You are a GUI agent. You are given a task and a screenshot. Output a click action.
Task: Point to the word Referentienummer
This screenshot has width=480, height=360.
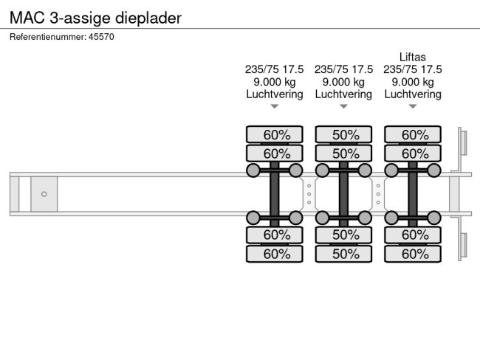coord(46,36)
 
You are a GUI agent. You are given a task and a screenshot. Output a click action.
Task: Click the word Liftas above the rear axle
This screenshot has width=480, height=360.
coord(412,57)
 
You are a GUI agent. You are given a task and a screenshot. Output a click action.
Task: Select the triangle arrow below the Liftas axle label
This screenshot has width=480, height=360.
coord(412,106)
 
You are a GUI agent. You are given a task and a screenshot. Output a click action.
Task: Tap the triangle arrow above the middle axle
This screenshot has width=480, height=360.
coord(343,106)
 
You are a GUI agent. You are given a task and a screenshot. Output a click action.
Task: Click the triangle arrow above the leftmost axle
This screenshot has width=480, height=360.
coord(274,106)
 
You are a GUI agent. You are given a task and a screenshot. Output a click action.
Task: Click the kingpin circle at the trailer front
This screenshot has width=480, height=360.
coord(44,194)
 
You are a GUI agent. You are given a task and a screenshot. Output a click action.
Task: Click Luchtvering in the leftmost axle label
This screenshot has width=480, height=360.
coord(274,94)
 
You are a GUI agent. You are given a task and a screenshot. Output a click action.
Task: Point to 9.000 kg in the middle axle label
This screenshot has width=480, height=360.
coord(343,82)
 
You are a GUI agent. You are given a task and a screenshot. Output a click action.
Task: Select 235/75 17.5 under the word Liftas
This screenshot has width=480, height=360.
coord(412,69)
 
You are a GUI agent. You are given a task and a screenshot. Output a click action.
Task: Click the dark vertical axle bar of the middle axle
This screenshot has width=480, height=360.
coord(343,194)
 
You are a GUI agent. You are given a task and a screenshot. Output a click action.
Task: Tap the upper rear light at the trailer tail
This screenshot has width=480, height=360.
coord(463,142)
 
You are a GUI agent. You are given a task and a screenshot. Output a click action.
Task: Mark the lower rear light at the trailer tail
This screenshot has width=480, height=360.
coord(463,246)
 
